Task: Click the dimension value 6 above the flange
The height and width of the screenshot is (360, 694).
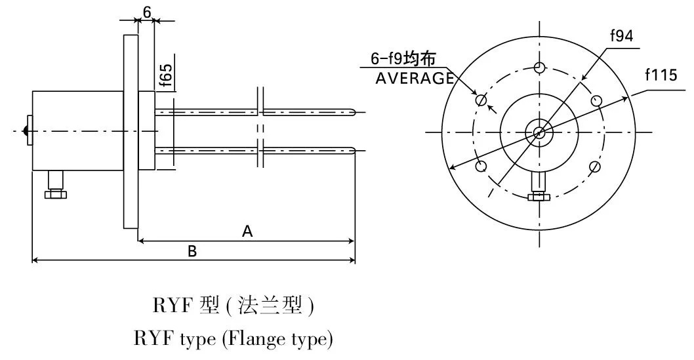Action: [147, 12]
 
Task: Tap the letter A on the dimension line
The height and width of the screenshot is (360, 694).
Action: [247, 231]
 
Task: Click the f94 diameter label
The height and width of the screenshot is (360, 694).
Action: [621, 37]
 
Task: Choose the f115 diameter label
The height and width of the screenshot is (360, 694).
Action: [661, 75]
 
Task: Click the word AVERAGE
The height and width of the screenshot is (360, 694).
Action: [415, 78]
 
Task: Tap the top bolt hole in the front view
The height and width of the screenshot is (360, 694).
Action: [539, 67]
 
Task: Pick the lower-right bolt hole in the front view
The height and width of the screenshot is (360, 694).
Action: [595, 167]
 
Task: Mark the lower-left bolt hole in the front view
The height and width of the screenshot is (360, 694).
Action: [481, 166]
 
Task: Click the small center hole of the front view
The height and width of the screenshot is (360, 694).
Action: [539, 132]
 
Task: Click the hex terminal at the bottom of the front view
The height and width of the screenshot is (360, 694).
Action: [539, 195]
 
